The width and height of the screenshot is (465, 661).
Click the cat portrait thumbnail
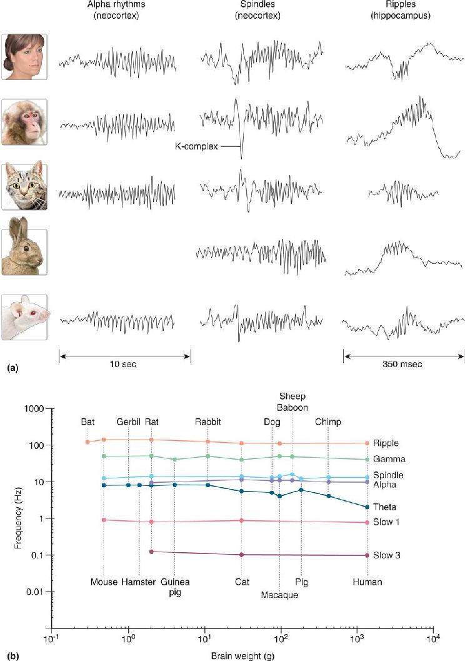(24, 187)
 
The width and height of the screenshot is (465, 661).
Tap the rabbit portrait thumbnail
(24, 252)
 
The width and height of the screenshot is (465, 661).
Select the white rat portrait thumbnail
(24, 317)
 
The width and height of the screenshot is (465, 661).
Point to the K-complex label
(197, 146)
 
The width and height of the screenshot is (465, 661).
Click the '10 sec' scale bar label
(123, 364)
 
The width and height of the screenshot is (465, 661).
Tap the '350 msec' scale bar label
(402, 364)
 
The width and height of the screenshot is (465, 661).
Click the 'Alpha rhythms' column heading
(116, 5)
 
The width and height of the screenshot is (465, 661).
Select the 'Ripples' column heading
(401, 5)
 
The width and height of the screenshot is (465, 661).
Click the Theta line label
(384, 507)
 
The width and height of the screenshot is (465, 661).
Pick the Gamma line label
(389, 459)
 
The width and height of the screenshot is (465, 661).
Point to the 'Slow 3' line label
(387, 555)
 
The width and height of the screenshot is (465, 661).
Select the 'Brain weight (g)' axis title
(242, 656)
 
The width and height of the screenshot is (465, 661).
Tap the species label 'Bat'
(87, 422)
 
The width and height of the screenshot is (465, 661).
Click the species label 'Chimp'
(328, 422)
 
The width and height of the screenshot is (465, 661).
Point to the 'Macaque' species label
(279, 595)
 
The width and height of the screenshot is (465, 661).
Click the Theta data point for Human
(367, 507)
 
